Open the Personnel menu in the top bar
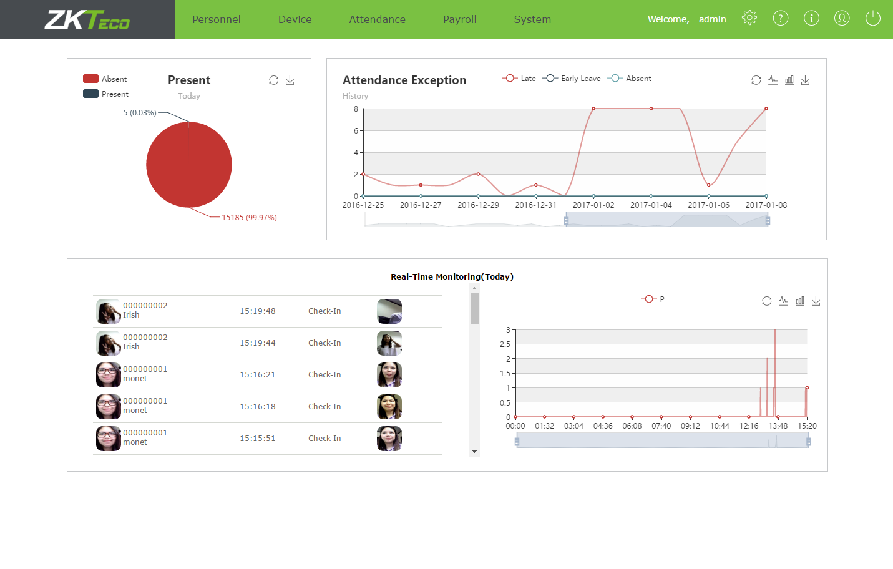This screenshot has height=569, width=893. tap(216, 19)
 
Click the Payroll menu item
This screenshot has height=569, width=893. tap(459, 19)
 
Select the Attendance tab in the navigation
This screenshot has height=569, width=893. tap(377, 19)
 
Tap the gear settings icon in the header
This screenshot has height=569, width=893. tap(749, 18)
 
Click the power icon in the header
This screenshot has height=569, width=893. tap(872, 18)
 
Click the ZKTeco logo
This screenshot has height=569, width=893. tap(87, 19)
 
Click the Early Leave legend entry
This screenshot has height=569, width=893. tap(572, 79)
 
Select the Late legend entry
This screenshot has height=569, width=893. tap(520, 79)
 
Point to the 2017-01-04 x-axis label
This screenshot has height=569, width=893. tap(651, 205)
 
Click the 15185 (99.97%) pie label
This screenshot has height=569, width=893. tap(249, 218)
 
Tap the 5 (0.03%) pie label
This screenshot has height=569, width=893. tap(140, 113)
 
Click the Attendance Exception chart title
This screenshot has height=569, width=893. tap(404, 80)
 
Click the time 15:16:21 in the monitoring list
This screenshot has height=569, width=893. tap(257, 375)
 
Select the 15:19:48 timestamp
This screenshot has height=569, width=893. tap(257, 311)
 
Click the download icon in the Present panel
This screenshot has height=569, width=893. tap(290, 80)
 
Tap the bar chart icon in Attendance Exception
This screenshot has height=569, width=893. tap(789, 80)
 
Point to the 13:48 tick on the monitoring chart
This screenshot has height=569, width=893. tap(778, 426)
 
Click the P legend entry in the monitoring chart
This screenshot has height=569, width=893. tap(653, 299)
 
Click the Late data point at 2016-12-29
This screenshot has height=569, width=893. tap(478, 174)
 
